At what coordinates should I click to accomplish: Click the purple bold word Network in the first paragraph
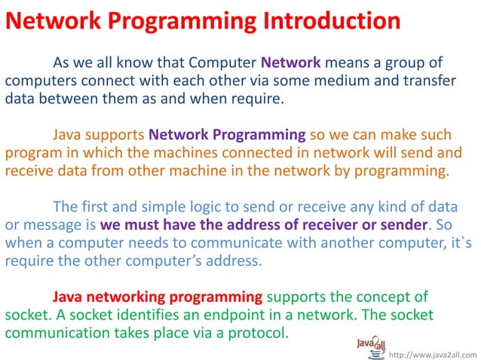pyautogui.click(x=291, y=62)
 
